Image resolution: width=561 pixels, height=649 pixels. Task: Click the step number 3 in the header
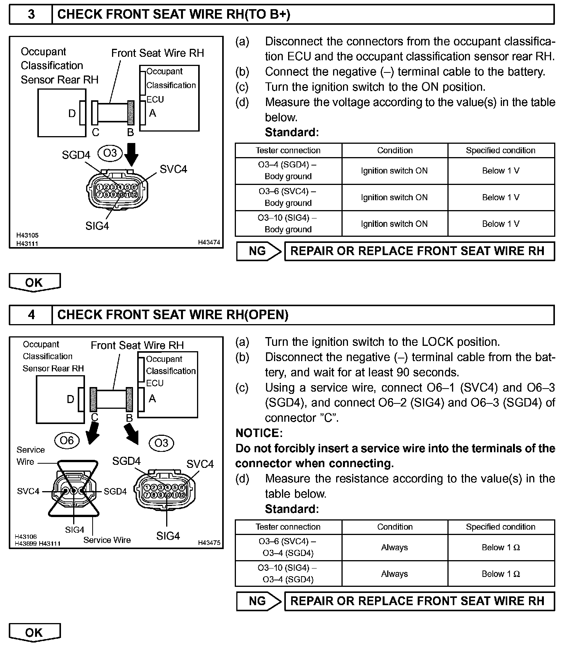(31, 14)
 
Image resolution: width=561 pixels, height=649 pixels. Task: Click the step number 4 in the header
(31, 315)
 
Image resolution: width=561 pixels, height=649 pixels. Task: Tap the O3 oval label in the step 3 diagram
(110, 153)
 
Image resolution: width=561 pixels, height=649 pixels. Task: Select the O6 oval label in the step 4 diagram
(67, 440)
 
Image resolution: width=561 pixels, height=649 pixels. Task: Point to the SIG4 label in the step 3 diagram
(97, 226)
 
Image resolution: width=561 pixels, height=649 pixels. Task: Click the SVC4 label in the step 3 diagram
(173, 169)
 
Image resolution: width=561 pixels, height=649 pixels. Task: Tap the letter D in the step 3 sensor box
(72, 113)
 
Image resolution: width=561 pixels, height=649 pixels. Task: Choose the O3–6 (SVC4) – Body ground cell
(288, 197)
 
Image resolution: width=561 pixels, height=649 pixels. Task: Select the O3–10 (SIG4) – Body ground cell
(288, 223)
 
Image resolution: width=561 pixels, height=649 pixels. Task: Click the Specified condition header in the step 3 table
(500, 150)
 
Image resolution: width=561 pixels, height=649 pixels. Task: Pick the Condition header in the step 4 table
(395, 527)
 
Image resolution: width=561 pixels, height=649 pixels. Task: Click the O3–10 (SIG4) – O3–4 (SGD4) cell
(288, 573)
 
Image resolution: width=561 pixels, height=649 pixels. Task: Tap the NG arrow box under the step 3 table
(258, 251)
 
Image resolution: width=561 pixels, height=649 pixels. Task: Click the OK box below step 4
(34, 633)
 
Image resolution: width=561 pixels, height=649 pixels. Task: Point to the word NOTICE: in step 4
(259, 433)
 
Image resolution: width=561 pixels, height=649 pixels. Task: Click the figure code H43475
(209, 543)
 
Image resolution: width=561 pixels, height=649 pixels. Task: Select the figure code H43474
(209, 242)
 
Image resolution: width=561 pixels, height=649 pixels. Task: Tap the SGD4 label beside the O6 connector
(115, 492)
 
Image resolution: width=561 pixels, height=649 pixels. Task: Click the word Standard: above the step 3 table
(292, 132)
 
